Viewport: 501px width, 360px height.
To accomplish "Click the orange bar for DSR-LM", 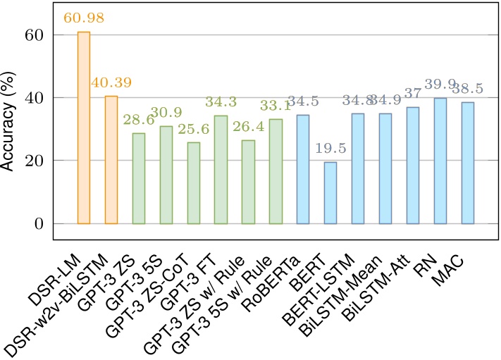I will [84, 128].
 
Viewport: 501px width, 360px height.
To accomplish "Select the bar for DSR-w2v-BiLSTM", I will [111, 160].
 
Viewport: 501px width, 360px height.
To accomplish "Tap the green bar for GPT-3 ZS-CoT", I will [194, 183].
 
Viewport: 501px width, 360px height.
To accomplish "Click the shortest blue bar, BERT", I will [330, 193].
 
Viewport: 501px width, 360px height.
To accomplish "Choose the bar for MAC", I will [468, 163].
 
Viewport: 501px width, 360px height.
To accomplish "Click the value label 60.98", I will [82, 18].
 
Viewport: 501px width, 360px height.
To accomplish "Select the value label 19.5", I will [330, 149].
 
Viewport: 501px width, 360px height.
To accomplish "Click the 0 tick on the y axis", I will [40, 223].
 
